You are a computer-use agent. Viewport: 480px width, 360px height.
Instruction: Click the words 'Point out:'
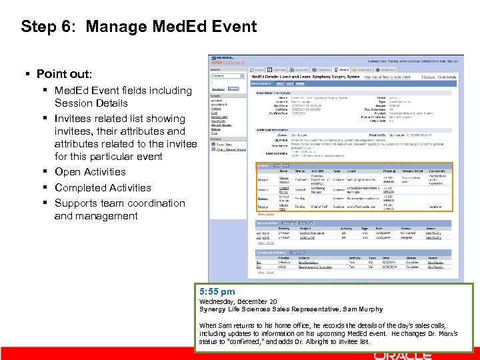coord(64,73)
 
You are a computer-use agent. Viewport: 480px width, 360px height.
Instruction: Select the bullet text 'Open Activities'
coord(90,172)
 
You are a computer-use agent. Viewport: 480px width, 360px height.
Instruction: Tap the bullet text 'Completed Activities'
coord(103,187)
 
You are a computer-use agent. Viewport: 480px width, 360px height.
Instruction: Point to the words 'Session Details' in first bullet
coord(91,103)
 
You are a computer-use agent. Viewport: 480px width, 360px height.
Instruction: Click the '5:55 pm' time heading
coord(217,291)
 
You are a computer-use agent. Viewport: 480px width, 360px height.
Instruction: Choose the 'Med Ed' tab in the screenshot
coord(343,69)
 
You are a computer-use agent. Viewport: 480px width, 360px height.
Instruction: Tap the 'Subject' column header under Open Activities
coord(305,228)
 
